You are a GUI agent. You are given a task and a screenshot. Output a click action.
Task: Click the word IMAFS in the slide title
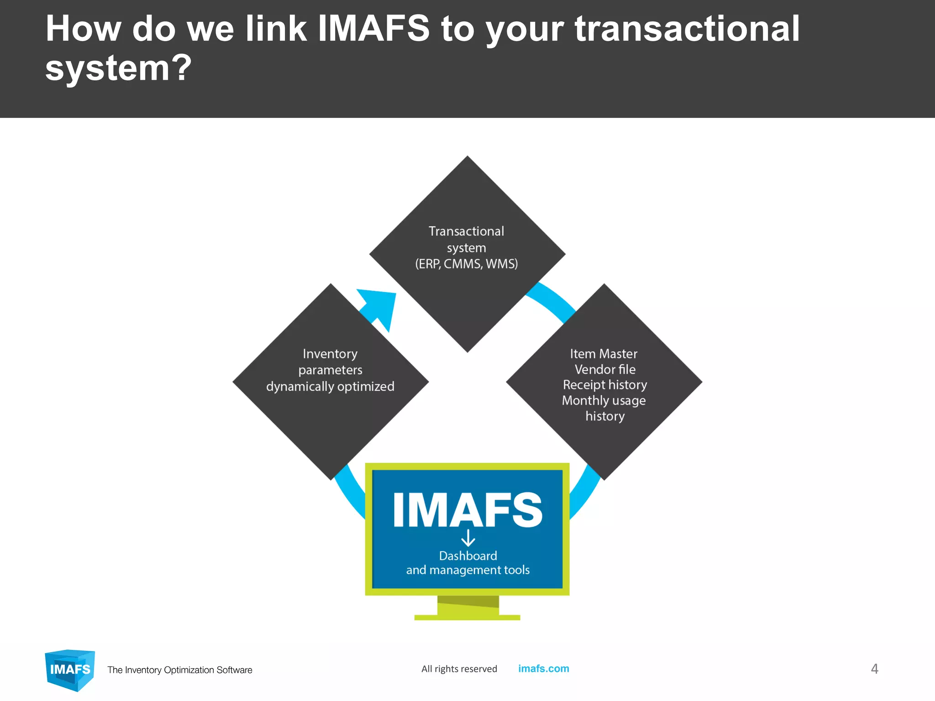373,29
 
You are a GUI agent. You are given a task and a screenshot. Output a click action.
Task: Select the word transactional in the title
687,29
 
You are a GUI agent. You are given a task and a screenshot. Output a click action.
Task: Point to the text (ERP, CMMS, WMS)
467,264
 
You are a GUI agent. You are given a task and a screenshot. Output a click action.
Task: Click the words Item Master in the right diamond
604,354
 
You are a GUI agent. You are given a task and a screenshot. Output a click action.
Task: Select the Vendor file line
605,369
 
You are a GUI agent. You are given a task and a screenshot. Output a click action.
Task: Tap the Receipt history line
605,385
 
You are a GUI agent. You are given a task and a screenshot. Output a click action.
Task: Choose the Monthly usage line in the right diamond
604,400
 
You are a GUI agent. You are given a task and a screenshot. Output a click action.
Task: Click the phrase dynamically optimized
330,387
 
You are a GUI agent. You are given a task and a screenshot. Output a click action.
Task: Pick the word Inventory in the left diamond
330,354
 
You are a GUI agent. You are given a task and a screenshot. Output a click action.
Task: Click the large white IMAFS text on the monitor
467,510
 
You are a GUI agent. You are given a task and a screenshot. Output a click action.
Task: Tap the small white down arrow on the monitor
468,538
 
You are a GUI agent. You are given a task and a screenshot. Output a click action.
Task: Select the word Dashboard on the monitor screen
468,556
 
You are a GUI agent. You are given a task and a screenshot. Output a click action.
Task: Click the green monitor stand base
467,617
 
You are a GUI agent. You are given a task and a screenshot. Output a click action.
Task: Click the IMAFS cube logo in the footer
70,670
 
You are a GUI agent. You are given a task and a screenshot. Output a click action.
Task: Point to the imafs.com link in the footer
543,669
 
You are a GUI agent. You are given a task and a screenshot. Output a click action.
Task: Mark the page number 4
874,669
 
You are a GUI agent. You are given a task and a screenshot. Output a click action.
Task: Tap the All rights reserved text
459,669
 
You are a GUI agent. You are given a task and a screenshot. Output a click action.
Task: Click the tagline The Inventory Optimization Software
179,670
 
